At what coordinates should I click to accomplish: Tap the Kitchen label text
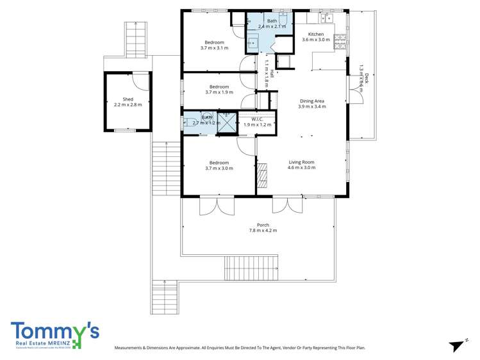tap(316, 34)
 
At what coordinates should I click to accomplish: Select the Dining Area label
tap(312, 101)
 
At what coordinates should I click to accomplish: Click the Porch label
tap(263, 224)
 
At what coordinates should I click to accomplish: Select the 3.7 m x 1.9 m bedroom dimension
tap(219, 92)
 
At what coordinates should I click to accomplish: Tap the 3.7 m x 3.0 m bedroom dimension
tap(219, 168)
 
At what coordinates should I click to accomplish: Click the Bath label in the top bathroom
tap(272, 21)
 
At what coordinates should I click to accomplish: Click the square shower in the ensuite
tap(227, 122)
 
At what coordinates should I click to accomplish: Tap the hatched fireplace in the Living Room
tap(262, 175)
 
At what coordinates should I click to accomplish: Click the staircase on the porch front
tap(251, 266)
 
